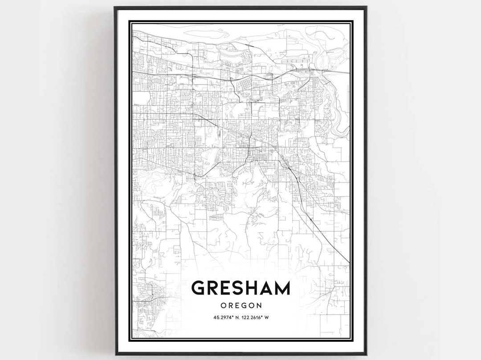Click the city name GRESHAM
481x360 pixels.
pyautogui.click(x=240, y=288)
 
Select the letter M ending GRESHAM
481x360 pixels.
pyautogui.click(x=282, y=288)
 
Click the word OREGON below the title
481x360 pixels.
pyautogui.click(x=240, y=305)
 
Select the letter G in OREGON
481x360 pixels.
pyautogui.click(x=240, y=305)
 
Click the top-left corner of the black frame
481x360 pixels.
pyautogui.click(x=114, y=7)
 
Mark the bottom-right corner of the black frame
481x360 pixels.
pyautogui.click(x=366, y=355)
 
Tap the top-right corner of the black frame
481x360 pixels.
pyautogui.click(x=366, y=7)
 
